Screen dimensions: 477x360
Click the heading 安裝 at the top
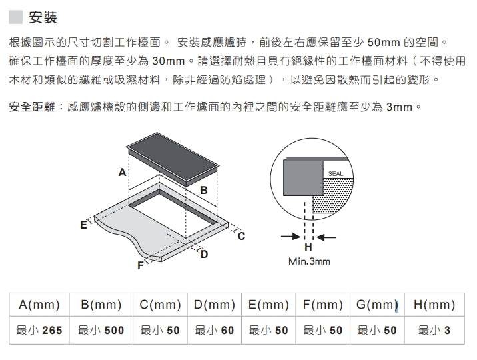[43, 17]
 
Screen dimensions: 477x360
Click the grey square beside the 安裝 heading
[15, 17]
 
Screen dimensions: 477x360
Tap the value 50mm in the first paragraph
[384, 42]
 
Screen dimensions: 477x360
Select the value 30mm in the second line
[169, 61]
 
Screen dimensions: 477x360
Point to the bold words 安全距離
[32, 107]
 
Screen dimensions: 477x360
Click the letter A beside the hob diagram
[122, 172]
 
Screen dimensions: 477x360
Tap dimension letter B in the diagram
[203, 190]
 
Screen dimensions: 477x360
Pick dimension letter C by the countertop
[241, 236]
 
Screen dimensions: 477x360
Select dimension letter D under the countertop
[204, 254]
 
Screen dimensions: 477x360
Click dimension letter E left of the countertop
[83, 225]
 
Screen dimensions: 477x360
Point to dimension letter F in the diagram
[141, 265]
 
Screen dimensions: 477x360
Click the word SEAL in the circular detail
[336, 174]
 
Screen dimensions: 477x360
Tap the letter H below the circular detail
[308, 247]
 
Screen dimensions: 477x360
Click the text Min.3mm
[309, 261]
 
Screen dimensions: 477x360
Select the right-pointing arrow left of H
[291, 237]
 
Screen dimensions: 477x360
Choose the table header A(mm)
[39, 304]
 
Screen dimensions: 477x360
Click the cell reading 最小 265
[39, 330]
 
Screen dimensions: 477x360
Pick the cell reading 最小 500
[101, 330]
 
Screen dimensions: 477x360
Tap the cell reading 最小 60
[214, 330]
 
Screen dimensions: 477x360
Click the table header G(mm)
[377, 304]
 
